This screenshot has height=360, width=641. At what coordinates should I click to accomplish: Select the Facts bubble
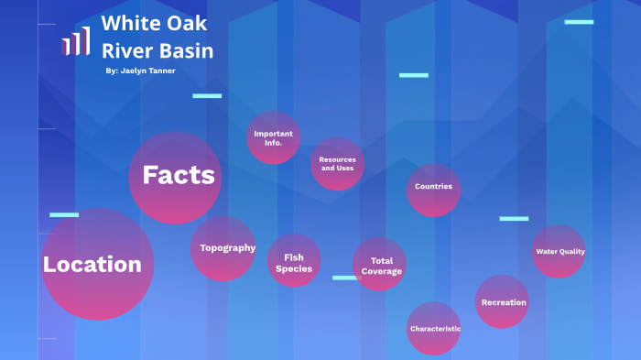175,177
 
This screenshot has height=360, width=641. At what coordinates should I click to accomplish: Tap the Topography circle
223,248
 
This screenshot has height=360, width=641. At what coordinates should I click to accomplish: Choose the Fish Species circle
294,260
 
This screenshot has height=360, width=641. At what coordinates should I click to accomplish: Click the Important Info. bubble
273,138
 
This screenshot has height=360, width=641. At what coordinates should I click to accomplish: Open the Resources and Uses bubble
337,164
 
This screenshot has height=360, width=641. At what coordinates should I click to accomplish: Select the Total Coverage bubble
380,264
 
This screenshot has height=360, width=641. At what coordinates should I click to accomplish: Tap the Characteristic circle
434,328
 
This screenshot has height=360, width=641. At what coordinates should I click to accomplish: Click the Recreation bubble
503,301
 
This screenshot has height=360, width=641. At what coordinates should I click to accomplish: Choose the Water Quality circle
559,251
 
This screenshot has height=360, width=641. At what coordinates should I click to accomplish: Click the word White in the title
127,24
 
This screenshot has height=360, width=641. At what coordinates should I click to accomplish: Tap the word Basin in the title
190,51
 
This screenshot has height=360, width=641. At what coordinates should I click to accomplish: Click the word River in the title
124,51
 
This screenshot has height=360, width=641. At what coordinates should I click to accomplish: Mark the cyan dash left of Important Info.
207,95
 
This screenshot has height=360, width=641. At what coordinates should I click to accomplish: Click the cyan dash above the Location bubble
64,214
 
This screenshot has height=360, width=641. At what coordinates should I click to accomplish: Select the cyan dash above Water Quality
514,218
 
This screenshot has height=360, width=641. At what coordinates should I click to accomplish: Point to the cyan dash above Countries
414,75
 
